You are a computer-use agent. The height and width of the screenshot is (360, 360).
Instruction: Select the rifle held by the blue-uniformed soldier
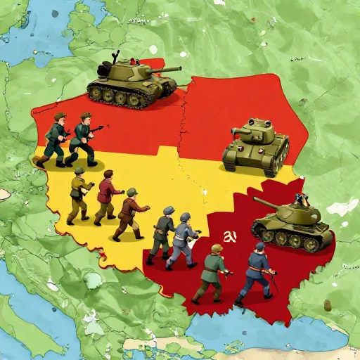click(271, 278)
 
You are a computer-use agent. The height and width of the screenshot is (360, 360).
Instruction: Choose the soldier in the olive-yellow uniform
click(79, 193)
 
